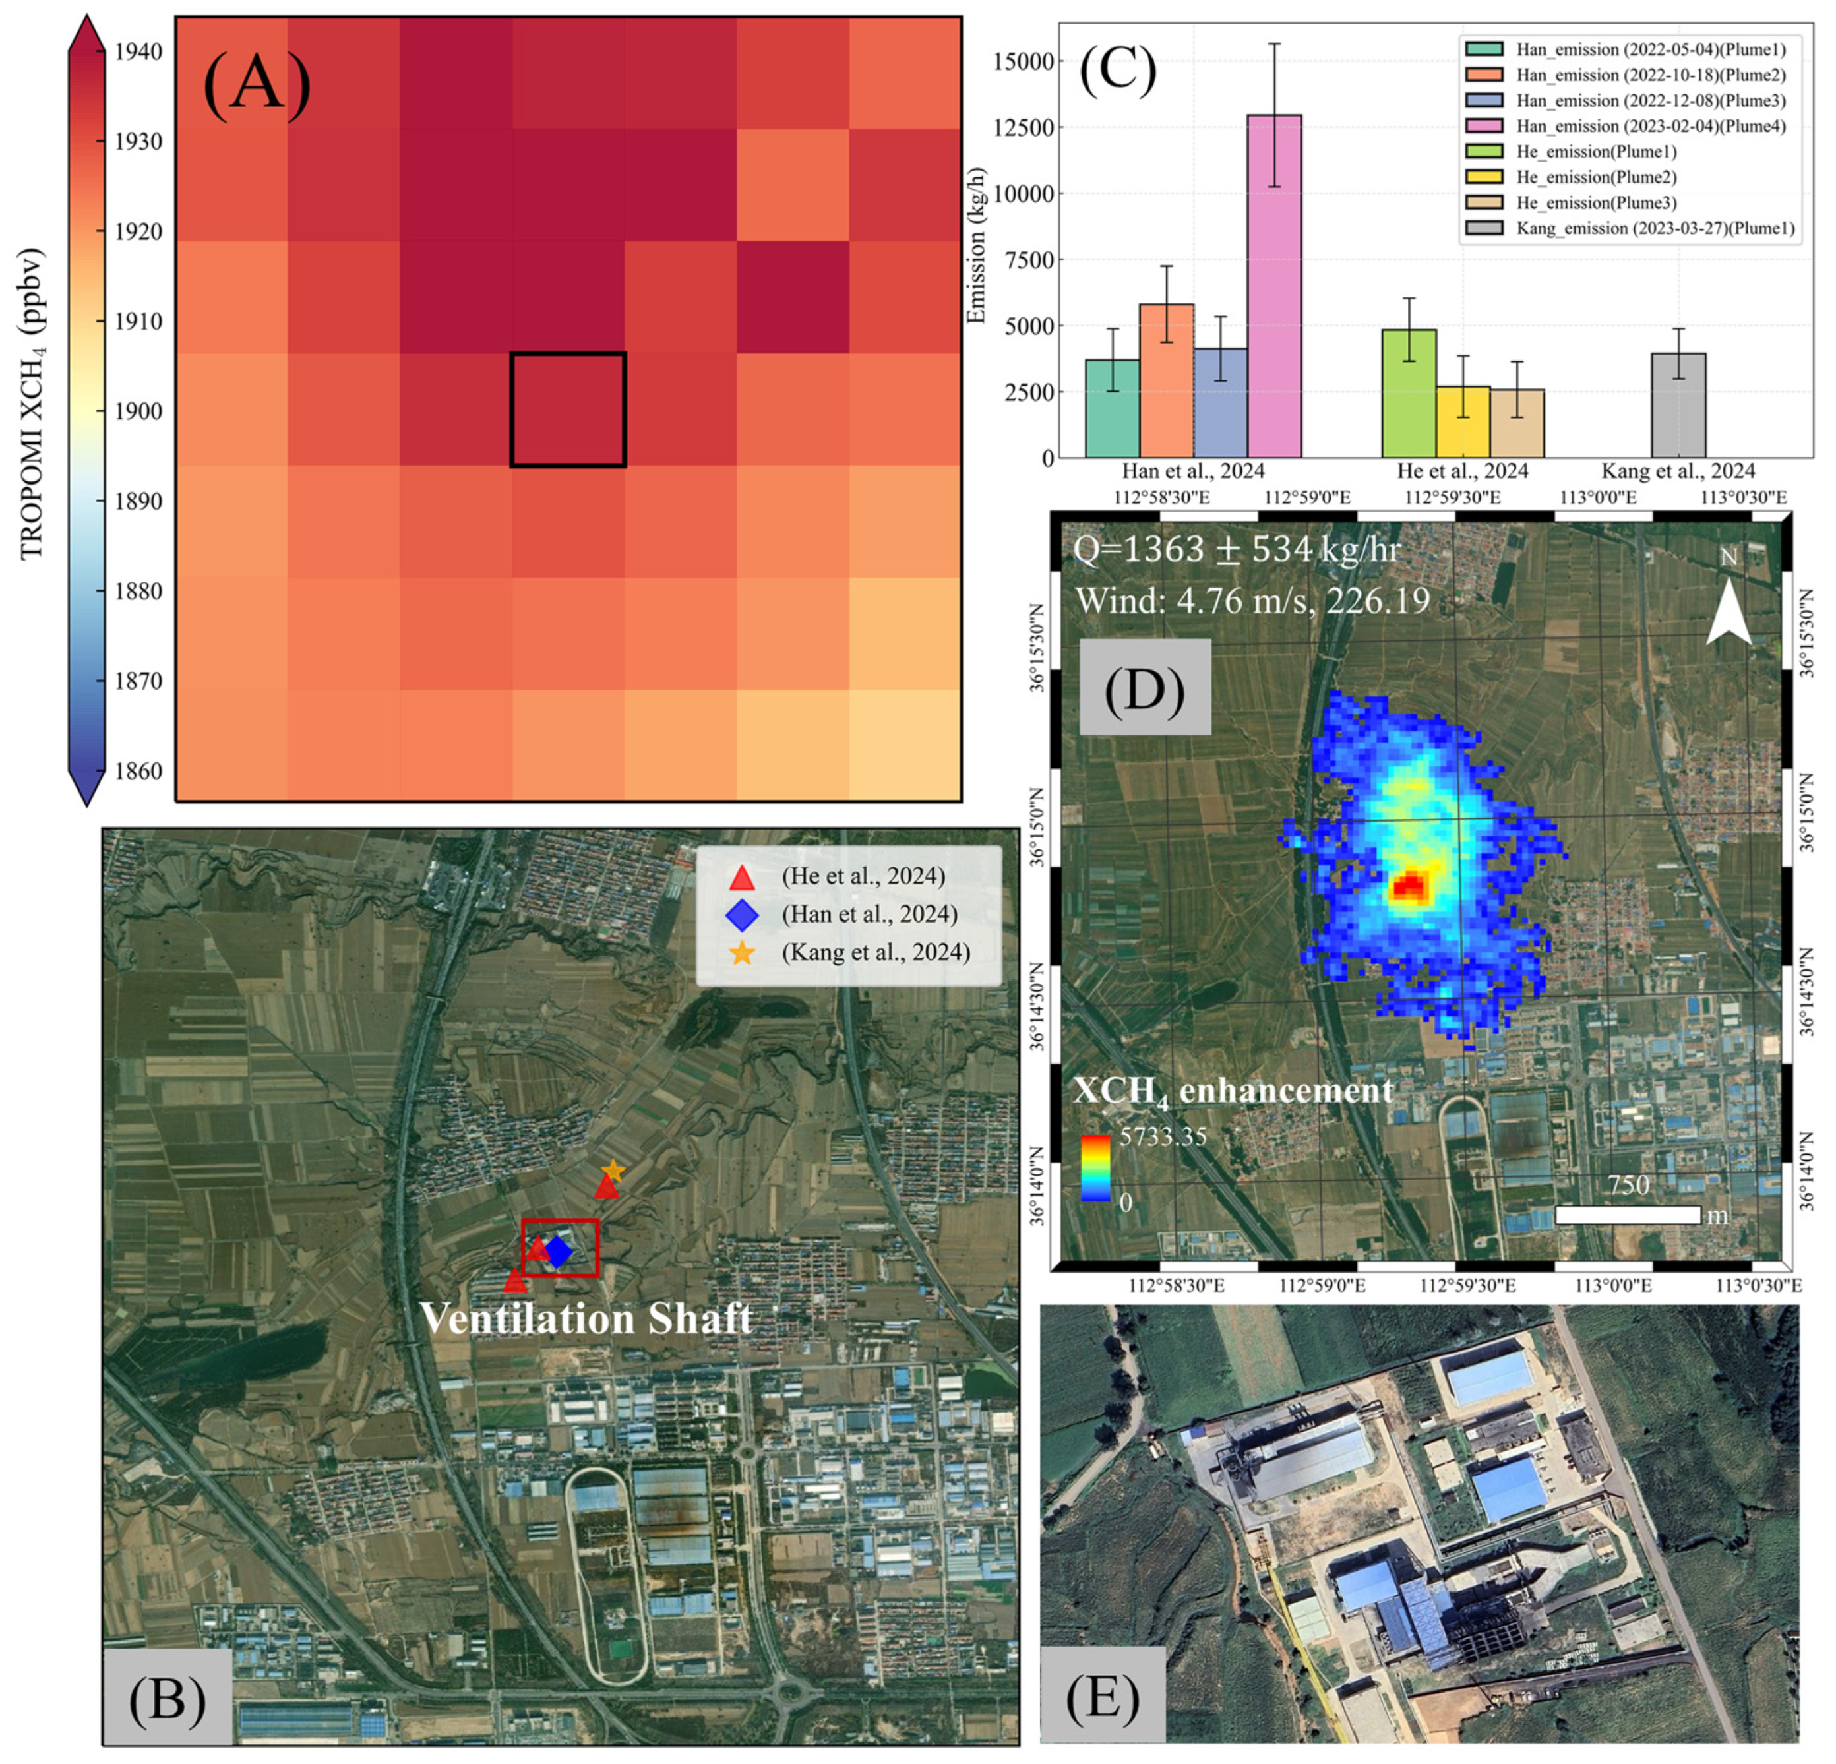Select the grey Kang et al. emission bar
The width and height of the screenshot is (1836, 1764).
1678,406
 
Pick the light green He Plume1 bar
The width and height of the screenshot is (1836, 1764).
1409,394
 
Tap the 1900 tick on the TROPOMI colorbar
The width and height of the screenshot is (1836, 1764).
138,411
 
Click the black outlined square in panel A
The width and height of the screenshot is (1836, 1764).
568,410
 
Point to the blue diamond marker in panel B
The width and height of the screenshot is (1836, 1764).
559,1252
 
